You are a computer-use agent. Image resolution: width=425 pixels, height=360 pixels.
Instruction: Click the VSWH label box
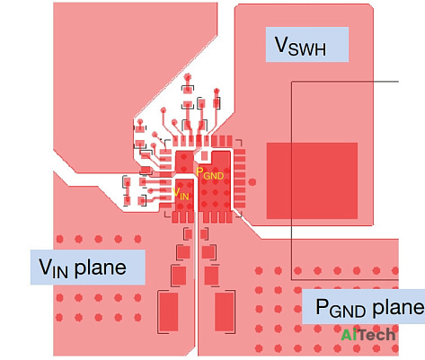pos(307,45)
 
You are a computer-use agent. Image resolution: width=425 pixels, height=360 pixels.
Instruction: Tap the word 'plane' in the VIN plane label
pos(100,268)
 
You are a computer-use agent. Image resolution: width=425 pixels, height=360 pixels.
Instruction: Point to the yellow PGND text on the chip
pos(209,174)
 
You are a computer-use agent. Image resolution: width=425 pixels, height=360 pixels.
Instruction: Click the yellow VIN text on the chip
pos(181,194)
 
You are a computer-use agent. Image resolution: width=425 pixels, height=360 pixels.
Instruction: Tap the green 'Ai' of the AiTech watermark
pos(349,335)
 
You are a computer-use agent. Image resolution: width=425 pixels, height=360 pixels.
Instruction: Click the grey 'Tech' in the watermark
pos(376,335)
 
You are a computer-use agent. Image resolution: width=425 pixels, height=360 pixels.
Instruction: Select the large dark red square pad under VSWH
pos(312,180)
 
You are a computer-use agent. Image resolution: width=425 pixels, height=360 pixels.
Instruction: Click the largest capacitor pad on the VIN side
pos(169,312)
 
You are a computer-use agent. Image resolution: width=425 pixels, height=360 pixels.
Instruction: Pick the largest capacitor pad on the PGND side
pos(225,312)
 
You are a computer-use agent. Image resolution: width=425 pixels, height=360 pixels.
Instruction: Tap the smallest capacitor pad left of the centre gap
pos(188,234)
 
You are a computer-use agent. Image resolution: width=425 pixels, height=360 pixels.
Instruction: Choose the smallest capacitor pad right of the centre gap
pos(204,234)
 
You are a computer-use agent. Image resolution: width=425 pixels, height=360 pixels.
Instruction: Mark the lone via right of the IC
pos(252,181)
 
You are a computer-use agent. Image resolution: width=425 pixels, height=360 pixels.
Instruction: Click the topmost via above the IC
pos(188,76)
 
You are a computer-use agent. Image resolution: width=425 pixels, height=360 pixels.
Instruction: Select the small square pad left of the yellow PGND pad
pos(205,155)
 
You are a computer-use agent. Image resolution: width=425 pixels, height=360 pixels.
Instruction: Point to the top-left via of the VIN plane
pos(60,239)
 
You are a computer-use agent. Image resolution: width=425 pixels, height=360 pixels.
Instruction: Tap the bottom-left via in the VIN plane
pos(59,317)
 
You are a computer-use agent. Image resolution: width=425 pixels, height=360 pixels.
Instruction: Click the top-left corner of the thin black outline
pos(292,82)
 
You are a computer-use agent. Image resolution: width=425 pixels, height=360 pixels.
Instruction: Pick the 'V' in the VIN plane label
pos(45,267)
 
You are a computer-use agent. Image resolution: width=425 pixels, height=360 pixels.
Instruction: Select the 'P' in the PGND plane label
pos(322,306)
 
